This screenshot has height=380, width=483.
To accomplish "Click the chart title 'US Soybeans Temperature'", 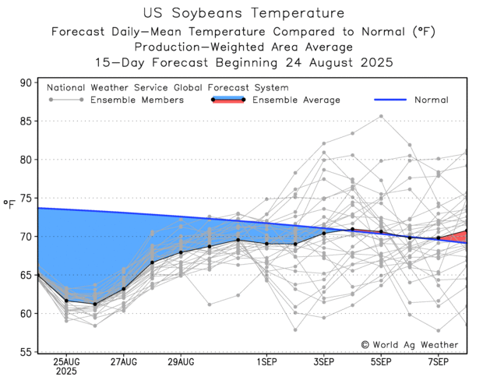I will [243, 13].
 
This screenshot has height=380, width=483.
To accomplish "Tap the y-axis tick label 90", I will [26, 83].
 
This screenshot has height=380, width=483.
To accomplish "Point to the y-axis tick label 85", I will [26, 121].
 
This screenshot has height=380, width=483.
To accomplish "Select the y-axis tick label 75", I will [26, 198].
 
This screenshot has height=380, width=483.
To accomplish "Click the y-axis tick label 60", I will [26, 314].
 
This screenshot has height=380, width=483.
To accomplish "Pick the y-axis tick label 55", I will [26, 352].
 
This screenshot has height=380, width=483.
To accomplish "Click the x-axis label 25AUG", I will [65, 362].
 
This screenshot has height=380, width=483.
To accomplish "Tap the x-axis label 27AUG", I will [123, 362].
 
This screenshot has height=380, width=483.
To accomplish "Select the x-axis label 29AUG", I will [181, 362].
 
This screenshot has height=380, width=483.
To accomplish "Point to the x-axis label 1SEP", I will [267, 362].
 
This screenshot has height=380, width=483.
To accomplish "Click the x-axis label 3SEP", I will [324, 362].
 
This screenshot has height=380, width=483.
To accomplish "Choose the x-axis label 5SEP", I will [382, 362].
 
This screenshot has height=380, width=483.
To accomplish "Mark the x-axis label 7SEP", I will [439, 362].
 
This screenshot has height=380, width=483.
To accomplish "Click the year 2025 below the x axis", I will [65, 372].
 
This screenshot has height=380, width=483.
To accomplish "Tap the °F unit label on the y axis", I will [10, 205].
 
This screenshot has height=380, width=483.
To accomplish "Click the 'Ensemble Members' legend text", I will [137, 100].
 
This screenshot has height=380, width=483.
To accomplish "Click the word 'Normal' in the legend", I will [431, 100].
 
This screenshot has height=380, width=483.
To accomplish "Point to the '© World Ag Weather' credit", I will [410, 345].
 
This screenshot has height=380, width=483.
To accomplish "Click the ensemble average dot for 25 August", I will [66, 301].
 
